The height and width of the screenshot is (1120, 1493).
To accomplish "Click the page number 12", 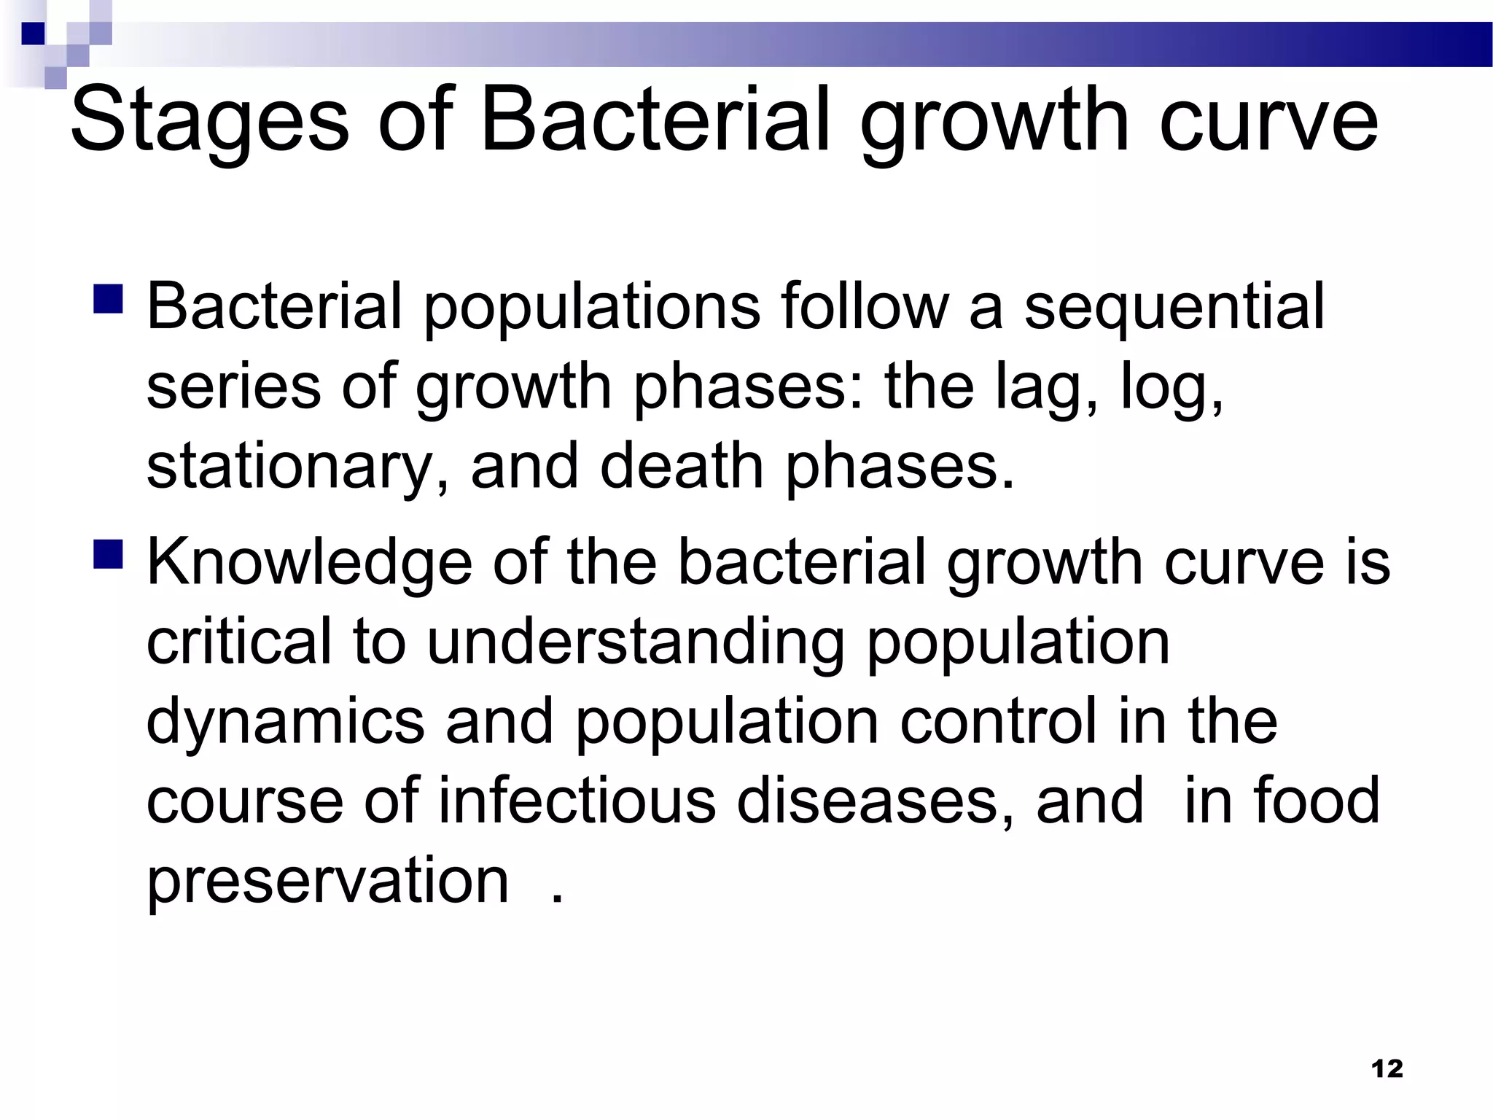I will (x=1387, y=1069).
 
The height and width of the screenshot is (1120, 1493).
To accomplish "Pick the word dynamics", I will (x=285, y=722).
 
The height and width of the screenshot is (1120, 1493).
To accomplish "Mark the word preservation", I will (x=327, y=882).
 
